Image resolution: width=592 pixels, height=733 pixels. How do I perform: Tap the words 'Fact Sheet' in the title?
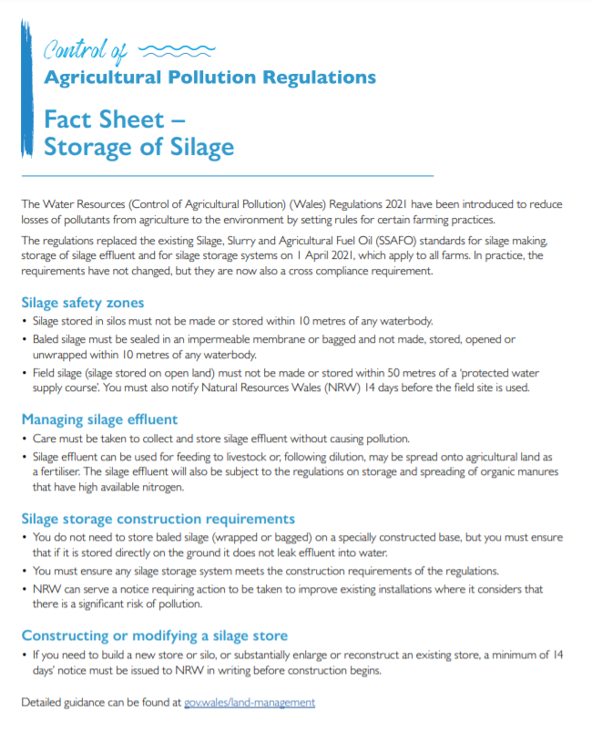(106, 119)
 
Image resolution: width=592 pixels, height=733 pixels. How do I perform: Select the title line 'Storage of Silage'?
(138, 147)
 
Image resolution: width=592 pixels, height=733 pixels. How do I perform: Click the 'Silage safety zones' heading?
(83, 303)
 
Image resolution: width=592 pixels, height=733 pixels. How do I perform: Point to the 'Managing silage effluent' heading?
(99, 420)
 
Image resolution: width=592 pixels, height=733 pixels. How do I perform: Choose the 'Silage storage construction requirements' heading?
(158, 519)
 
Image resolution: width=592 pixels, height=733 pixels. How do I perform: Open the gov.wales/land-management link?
(250, 703)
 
